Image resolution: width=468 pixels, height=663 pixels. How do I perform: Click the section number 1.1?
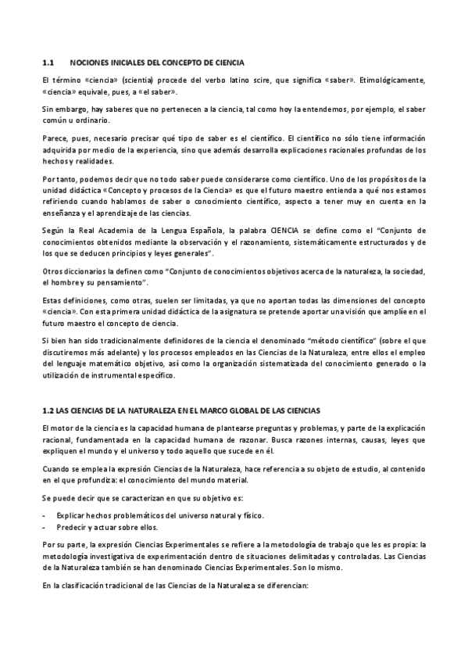coord(47,62)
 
